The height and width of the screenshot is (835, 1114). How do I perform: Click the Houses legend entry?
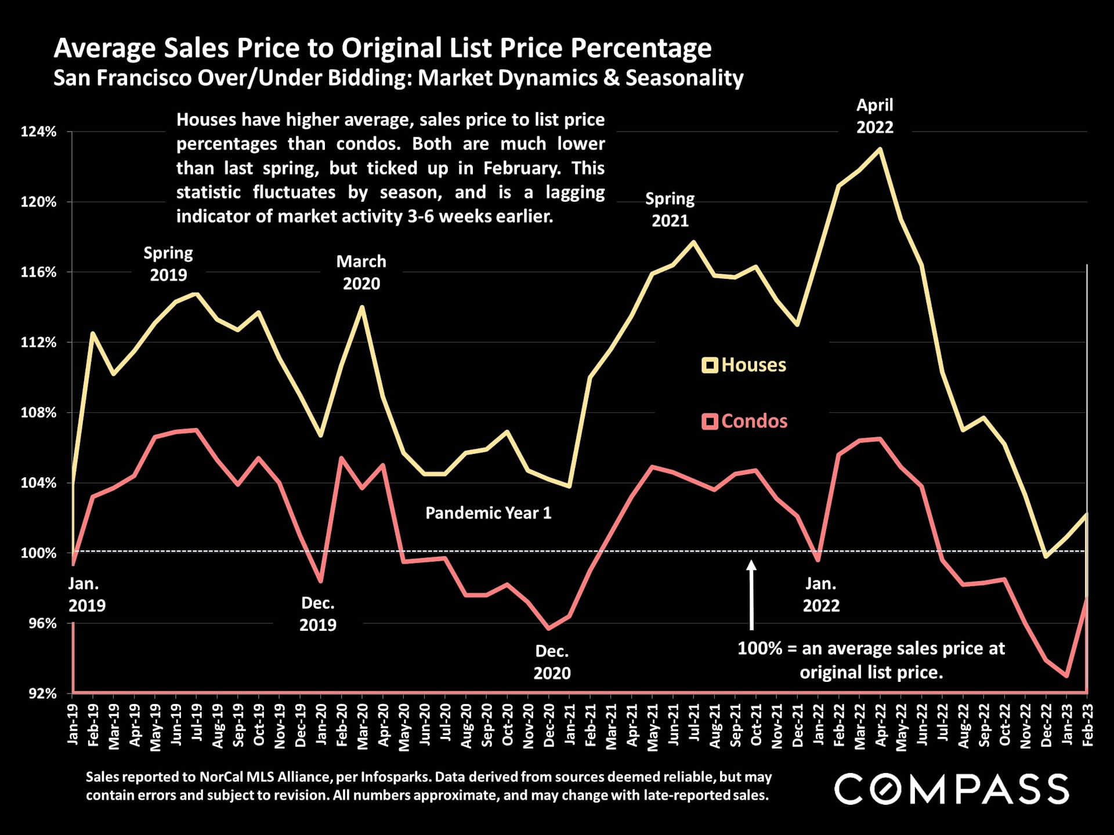(744, 365)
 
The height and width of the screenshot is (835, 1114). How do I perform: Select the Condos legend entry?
(745, 421)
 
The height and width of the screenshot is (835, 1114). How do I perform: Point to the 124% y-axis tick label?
(39, 132)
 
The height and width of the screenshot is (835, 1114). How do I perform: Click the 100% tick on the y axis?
(39, 553)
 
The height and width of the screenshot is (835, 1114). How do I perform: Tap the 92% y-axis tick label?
(42, 693)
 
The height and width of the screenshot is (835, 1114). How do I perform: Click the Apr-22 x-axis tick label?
(881, 725)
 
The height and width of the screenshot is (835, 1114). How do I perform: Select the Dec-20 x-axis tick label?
(549, 725)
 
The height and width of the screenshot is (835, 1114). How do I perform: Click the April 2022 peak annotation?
(875, 116)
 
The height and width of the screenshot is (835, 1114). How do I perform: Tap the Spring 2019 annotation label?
(168, 264)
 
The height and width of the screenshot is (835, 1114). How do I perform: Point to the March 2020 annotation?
(361, 272)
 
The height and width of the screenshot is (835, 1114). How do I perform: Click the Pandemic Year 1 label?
(488, 513)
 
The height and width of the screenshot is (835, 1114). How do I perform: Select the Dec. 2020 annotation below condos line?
(552, 662)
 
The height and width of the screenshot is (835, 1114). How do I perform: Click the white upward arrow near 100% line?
(751, 594)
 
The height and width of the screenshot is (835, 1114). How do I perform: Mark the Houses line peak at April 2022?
(880, 149)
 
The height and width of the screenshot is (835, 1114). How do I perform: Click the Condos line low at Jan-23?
(1066, 676)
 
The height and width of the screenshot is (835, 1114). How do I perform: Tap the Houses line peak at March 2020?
(362, 307)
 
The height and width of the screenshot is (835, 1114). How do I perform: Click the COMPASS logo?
(952, 789)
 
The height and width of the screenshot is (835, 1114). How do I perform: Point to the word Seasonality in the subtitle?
(684, 78)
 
